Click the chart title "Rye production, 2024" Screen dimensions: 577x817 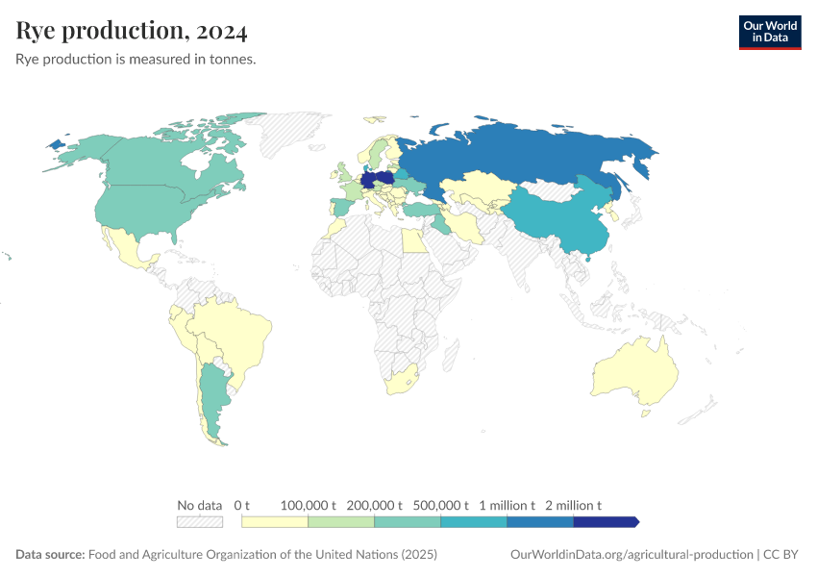point(132,31)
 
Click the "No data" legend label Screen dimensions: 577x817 point(199,505)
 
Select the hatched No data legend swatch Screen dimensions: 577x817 point(199,522)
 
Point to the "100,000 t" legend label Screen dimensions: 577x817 point(308,505)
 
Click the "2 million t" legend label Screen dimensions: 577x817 point(573,505)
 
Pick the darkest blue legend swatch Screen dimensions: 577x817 point(606,522)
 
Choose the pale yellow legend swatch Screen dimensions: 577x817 point(274,522)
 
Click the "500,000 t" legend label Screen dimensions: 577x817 point(440,505)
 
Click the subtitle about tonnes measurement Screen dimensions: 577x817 point(135,60)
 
